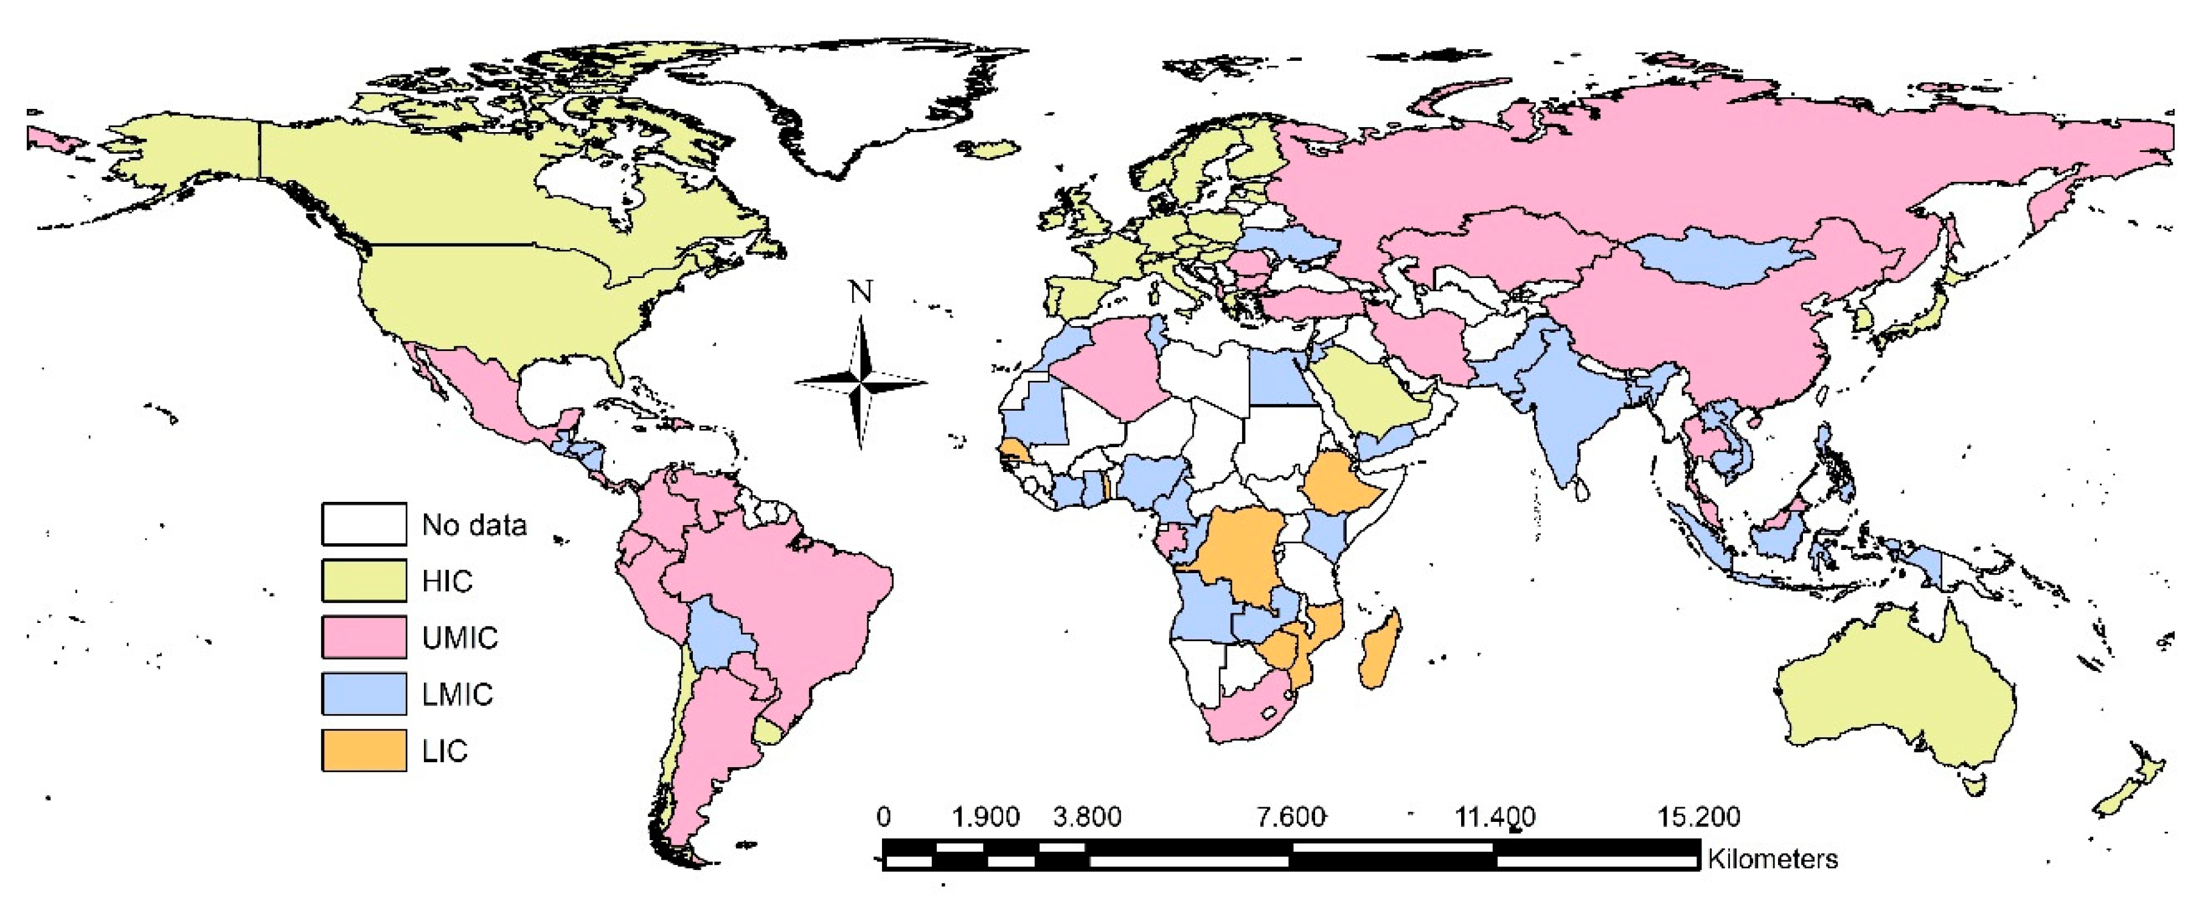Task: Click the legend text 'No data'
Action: pyautogui.click(x=474, y=524)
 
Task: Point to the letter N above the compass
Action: pyautogui.click(x=860, y=293)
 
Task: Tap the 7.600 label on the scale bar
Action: pyautogui.click(x=1291, y=817)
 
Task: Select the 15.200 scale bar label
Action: pyautogui.click(x=1698, y=817)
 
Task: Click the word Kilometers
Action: pyautogui.click(x=1772, y=858)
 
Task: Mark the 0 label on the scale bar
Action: pyautogui.click(x=883, y=817)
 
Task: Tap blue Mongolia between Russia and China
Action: pyautogui.click(x=1718, y=257)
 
